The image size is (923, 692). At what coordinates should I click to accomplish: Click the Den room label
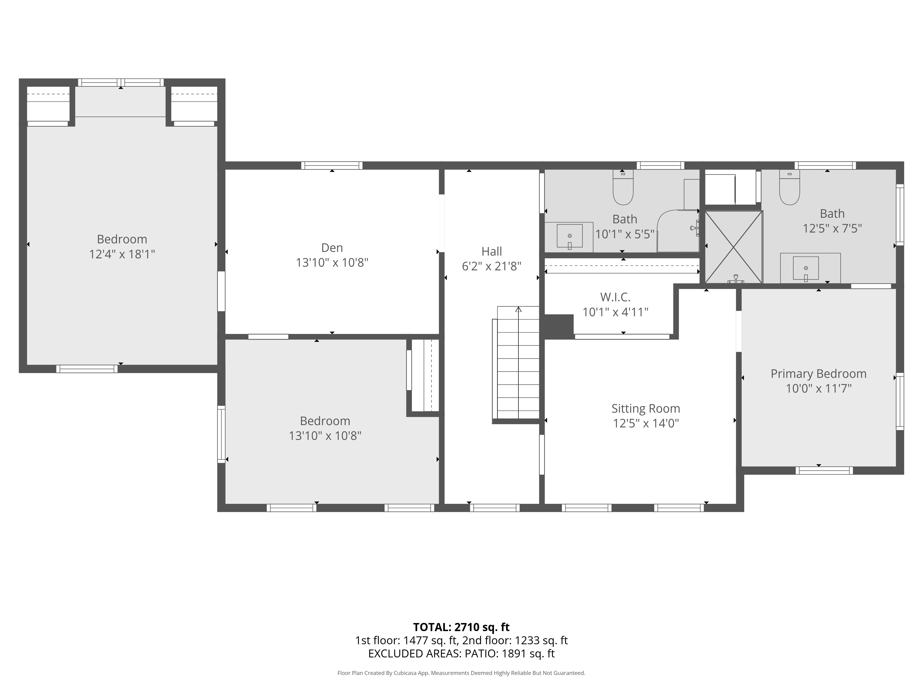click(332, 248)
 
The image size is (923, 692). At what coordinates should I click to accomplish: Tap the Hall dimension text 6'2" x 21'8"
click(491, 266)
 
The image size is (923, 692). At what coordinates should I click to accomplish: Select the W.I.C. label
click(615, 297)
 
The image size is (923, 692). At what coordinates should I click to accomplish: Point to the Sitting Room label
click(645, 408)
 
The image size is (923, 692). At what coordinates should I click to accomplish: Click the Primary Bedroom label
click(818, 374)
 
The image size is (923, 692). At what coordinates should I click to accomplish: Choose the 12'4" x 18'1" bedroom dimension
click(122, 254)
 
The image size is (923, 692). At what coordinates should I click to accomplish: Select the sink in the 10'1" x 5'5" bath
click(569, 236)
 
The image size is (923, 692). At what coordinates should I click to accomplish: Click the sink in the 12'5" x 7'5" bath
click(806, 268)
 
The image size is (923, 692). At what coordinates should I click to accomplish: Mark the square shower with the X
click(734, 247)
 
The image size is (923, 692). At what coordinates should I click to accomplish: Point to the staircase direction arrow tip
click(518, 307)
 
